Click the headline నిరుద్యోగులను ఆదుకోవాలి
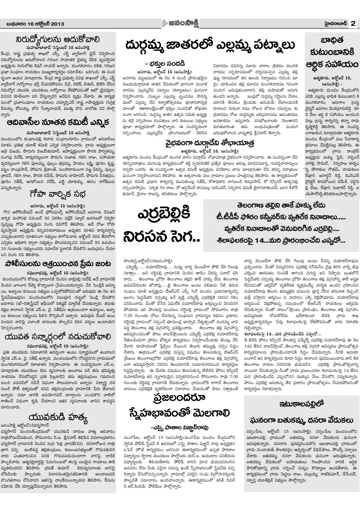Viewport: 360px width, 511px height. coord(61,40)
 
